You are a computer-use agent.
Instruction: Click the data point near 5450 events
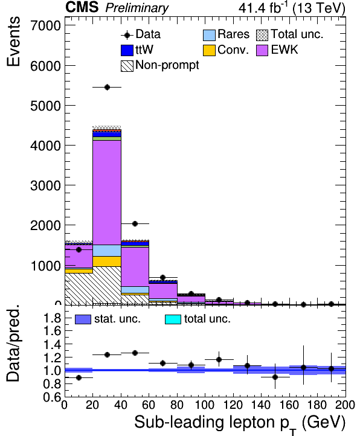pos(107,88)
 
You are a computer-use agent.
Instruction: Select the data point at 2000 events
pos(135,223)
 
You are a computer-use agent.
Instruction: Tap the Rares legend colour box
pos(209,35)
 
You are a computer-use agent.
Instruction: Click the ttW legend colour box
pos(127,50)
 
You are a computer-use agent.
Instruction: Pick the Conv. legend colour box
pos(209,50)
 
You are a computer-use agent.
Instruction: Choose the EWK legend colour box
pos(262,50)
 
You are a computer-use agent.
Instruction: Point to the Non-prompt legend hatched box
pos(127,66)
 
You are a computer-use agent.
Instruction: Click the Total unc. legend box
pos(262,35)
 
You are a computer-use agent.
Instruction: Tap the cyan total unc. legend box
pos(173,319)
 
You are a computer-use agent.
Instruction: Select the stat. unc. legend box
pos(83,319)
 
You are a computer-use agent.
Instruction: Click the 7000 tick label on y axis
pos(46,26)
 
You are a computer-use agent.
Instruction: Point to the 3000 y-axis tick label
pos(46,185)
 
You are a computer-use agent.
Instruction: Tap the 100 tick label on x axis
pos(205,405)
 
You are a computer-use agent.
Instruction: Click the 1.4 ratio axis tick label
pos(53,345)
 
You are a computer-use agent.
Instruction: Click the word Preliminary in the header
pos(137,8)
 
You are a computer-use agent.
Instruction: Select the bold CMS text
pos(82,7)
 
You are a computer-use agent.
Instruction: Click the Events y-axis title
pos(13,42)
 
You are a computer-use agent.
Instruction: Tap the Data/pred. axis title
pos(13,343)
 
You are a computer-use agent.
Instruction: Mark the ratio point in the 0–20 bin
pos(79,377)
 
